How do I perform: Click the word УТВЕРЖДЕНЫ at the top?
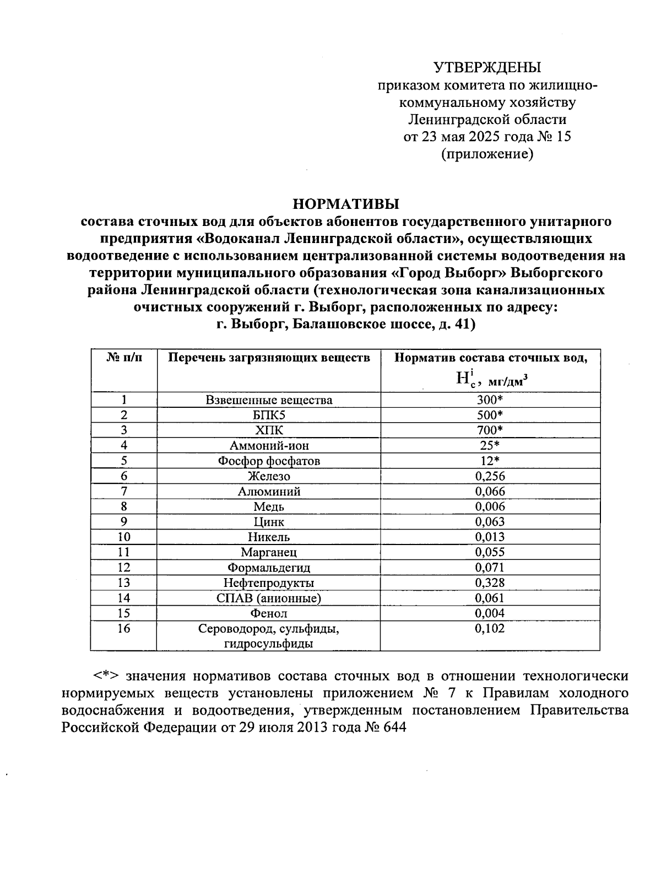(x=487, y=67)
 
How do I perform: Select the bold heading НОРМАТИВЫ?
(x=346, y=204)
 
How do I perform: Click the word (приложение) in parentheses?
(x=487, y=154)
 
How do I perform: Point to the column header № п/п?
(x=124, y=358)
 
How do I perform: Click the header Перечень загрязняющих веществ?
(x=269, y=358)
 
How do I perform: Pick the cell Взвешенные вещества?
(x=269, y=400)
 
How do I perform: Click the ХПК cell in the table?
(x=269, y=430)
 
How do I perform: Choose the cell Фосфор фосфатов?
(x=269, y=461)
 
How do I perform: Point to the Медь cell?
(x=269, y=506)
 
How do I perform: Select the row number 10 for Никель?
(x=124, y=537)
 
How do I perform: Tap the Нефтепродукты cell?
(x=269, y=583)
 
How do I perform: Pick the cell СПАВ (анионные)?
(x=269, y=598)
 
